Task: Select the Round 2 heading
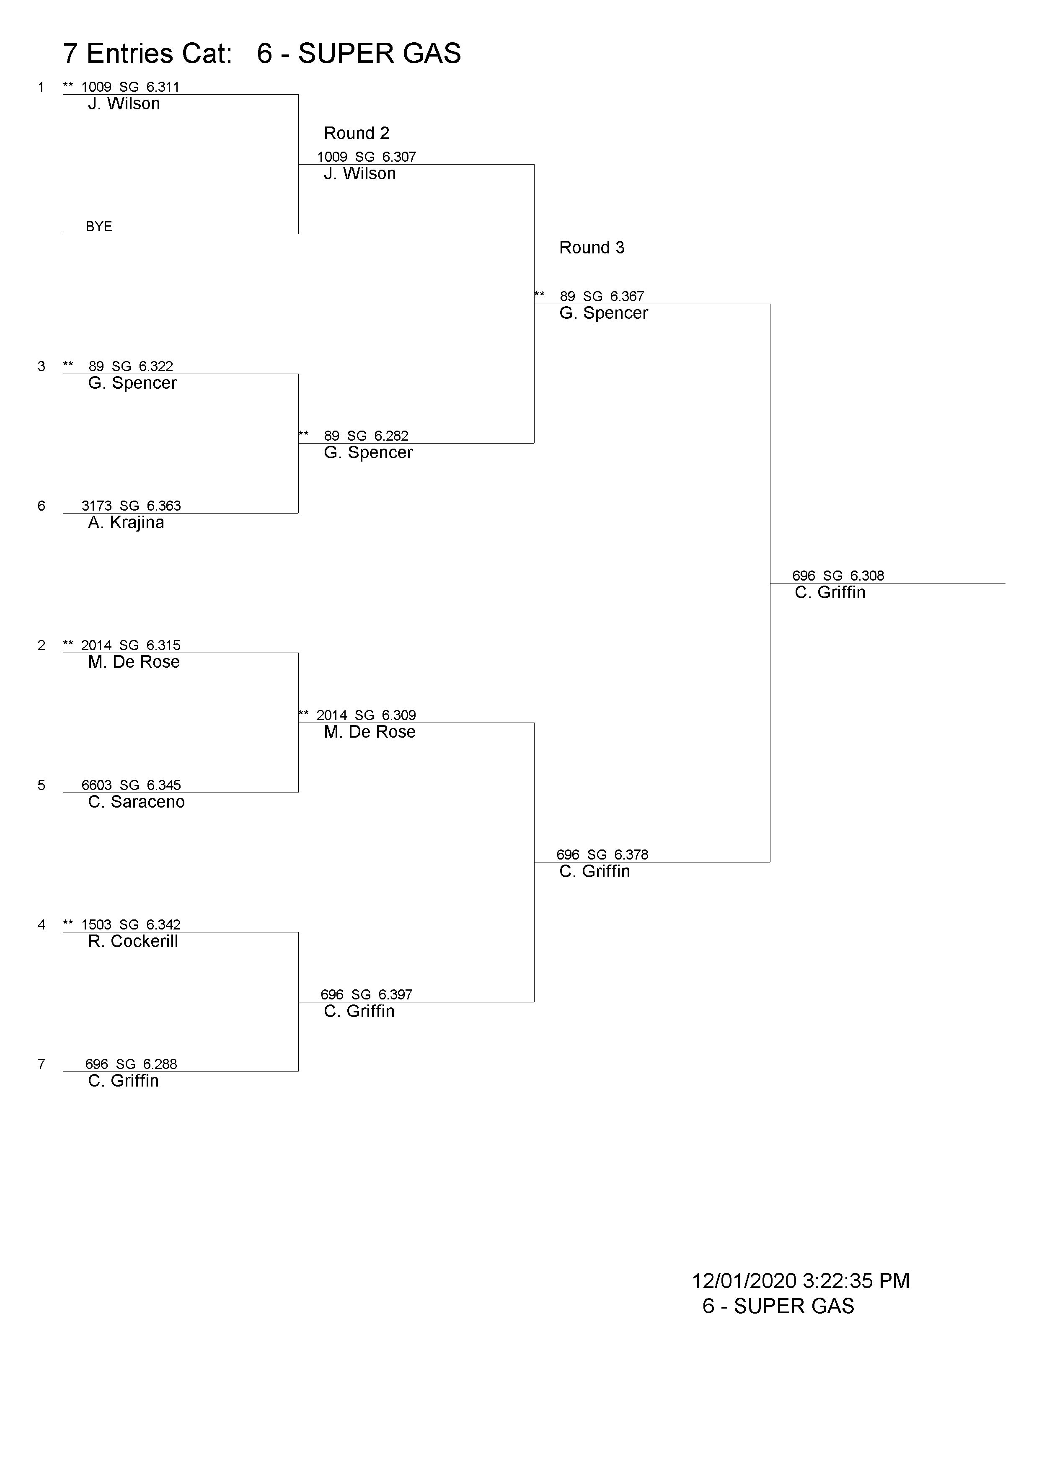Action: click(x=357, y=133)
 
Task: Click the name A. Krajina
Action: click(x=126, y=523)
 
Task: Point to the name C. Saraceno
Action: click(x=136, y=802)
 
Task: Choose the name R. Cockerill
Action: click(x=133, y=941)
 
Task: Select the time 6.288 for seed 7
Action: click(x=160, y=1064)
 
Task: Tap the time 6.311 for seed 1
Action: click(x=163, y=87)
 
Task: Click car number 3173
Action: click(x=97, y=506)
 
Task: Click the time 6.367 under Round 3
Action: click(x=627, y=296)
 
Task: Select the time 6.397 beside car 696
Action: click(x=395, y=994)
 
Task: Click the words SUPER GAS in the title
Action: click(x=380, y=54)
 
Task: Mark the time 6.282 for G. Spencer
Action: click(x=392, y=436)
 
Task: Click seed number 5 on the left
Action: click(x=41, y=785)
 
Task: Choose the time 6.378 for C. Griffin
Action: click(x=631, y=855)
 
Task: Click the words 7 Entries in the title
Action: click(x=115, y=54)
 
